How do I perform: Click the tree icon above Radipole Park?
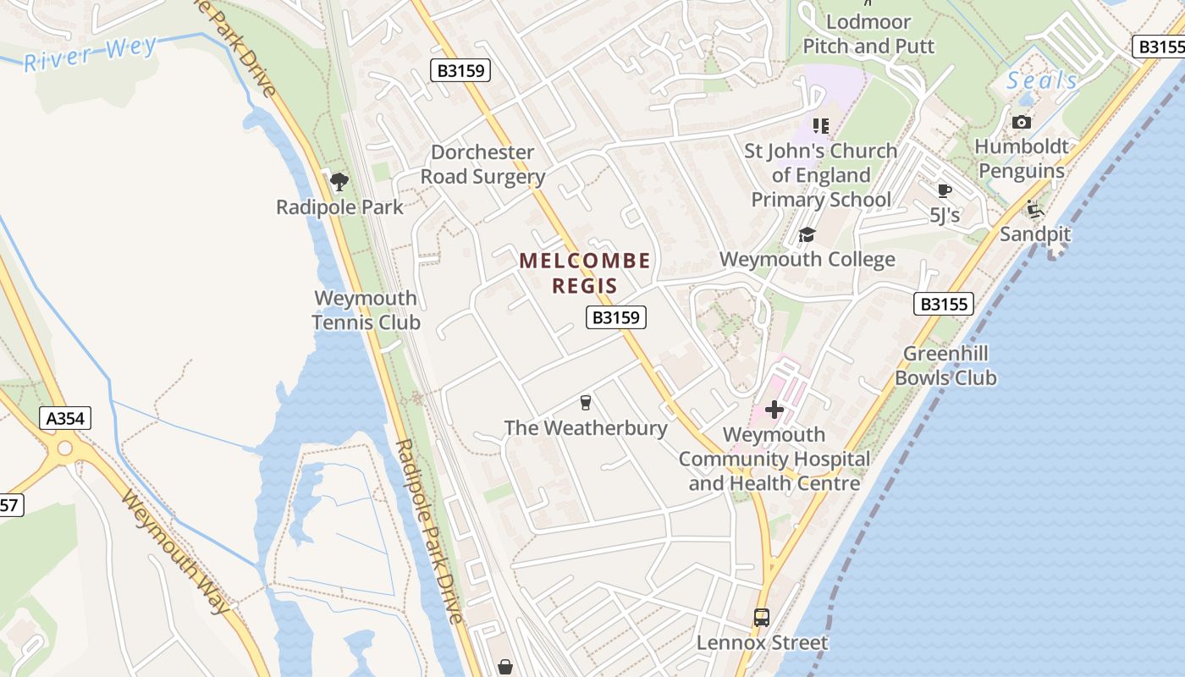[339, 181]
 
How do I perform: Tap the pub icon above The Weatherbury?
[585, 402]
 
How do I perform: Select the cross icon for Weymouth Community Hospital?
[774, 410]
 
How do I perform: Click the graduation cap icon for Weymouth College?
[807, 234]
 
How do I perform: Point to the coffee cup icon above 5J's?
[945, 190]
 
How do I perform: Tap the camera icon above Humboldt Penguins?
[1022, 122]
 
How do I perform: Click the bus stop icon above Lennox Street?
[761, 618]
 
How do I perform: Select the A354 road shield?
[65, 418]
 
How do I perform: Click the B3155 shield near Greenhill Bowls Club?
[943, 304]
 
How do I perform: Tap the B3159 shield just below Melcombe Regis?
[616, 317]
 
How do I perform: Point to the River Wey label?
[90, 54]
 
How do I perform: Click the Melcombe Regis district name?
[585, 272]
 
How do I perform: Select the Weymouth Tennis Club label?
[366, 310]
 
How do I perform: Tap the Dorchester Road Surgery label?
[482, 164]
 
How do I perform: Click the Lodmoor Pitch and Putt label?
[868, 34]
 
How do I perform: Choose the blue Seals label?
[1042, 81]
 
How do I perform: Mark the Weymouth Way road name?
[175, 551]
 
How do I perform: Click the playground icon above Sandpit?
[1033, 208]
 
